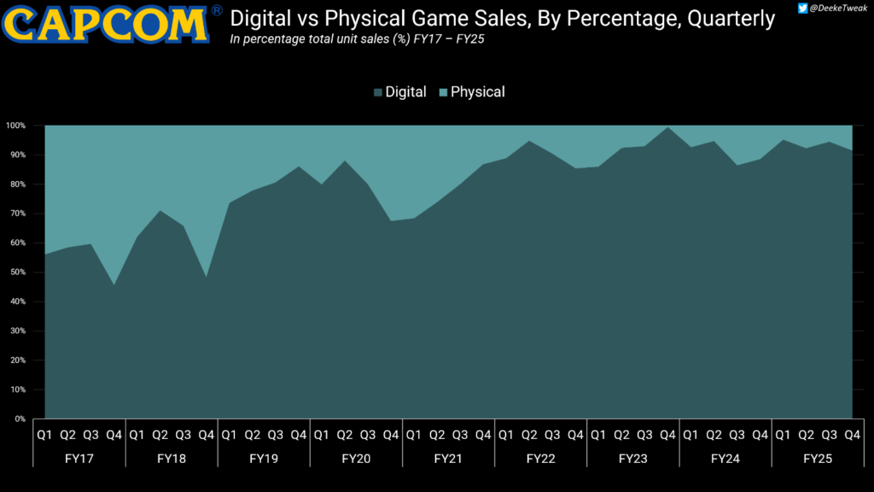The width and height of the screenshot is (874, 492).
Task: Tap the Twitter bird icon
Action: coord(802,8)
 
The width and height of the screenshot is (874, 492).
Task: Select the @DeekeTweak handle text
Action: coord(838,9)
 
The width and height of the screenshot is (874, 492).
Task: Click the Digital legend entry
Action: coord(400,92)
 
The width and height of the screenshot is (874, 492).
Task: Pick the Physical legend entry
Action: coord(472,92)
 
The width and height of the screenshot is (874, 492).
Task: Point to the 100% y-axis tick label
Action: coord(15,126)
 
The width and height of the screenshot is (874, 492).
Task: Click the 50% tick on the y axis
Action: coord(18,272)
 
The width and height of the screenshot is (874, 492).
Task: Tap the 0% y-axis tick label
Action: coord(20,419)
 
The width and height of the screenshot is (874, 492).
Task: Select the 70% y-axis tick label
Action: coord(18,214)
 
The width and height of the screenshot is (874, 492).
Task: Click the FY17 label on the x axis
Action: coord(79,459)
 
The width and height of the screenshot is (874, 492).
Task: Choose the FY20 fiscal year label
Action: coord(356,459)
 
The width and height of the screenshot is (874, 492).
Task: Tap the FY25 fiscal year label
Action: coord(818,459)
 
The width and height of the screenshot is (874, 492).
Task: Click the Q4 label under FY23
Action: coord(667,435)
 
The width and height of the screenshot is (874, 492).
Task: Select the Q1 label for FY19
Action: coord(229,435)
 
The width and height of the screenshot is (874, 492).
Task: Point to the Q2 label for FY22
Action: coord(529,435)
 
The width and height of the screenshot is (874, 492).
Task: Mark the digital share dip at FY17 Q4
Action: coord(114,285)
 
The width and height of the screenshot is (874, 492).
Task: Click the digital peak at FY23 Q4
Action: coord(667,127)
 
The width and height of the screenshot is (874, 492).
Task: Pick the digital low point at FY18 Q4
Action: coord(207,278)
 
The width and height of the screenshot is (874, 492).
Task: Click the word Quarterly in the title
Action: coord(731,19)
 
